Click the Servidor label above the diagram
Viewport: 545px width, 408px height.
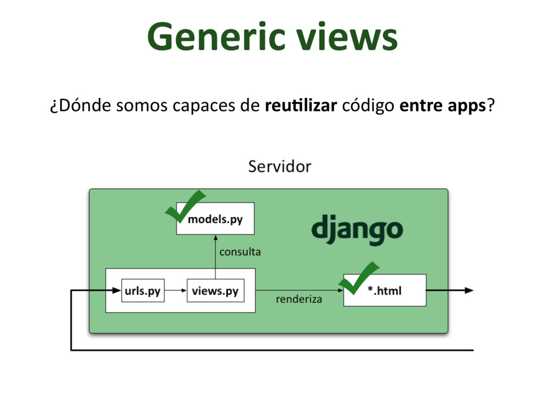[279, 167]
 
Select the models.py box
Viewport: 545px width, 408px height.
[216, 219]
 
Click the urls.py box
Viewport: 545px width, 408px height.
[143, 291]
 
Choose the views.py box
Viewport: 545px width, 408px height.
[215, 291]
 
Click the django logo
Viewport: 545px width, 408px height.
[357, 229]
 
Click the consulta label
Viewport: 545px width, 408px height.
[240, 252]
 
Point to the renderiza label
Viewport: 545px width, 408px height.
[299, 300]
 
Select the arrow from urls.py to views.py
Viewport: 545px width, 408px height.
[176, 291]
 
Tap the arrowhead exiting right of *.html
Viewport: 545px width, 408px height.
[468, 291]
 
